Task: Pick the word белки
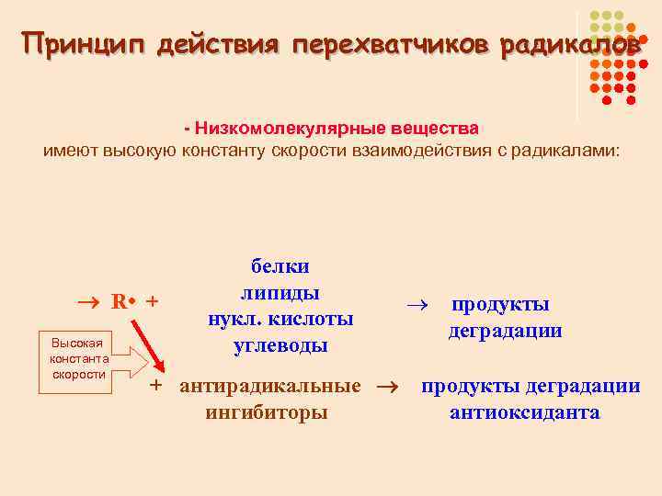point(280,265)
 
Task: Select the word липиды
point(280,293)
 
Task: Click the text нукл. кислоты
point(280,320)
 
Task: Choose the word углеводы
point(280,346)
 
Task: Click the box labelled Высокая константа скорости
point(79,358)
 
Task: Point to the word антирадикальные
point(270,386)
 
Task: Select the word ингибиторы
point(267,412)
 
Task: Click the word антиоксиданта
point(524,412)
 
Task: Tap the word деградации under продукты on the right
point(505,331)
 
